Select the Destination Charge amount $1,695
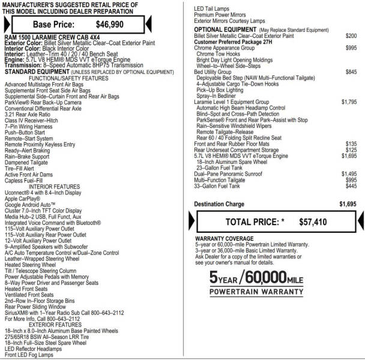pos(348,204)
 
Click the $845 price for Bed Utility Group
pos(351,72)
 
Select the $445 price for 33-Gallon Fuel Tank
pos(351,186)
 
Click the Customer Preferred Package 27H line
pos(234,42)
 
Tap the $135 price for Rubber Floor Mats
pos(351,144)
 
